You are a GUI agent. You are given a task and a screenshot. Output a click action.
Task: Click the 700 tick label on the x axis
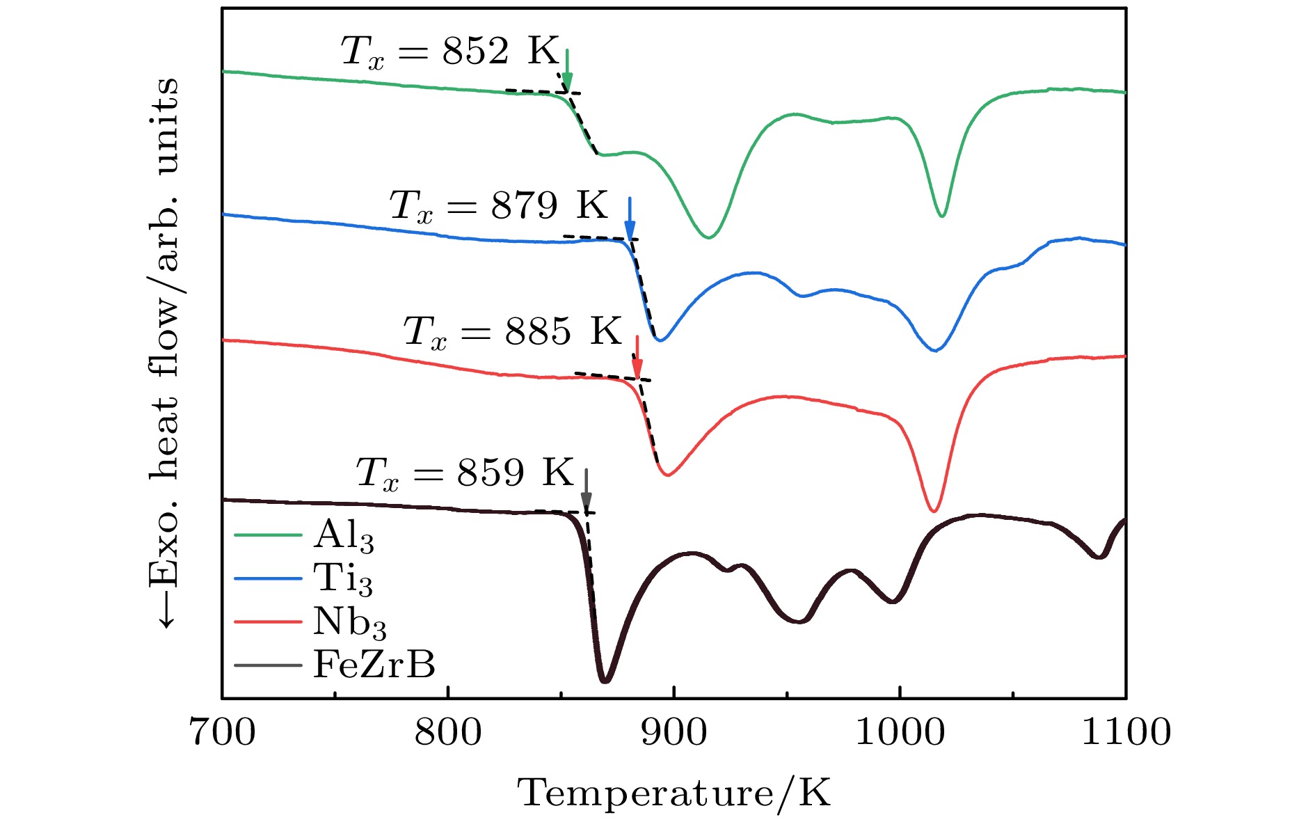coord(223,733)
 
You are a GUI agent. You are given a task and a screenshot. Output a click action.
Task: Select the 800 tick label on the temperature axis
coord(448,733)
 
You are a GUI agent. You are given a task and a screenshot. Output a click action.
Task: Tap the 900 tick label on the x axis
coord(674,733)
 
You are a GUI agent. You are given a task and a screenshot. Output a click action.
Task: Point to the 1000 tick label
coord(900,733)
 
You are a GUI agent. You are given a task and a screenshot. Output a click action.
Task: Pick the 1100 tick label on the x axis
coord(1125,733)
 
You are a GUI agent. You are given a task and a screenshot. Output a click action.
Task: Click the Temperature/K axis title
coord(674,793)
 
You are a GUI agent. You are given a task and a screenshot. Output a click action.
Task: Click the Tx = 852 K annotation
coord(449,52)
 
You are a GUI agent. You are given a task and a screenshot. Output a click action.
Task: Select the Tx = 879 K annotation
coord(498,206)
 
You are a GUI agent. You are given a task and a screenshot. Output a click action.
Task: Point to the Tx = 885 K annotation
coord(512,332)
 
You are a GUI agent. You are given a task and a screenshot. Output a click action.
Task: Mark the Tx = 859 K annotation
coord(465,473)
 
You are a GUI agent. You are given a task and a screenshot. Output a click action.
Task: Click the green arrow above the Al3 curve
coord(567,70)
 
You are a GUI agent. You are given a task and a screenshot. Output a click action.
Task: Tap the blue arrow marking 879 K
coord(630,219)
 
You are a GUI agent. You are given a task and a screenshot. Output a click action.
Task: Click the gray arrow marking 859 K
coord(587,490)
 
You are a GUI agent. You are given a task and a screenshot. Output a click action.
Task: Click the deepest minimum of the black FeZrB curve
coord(605,681)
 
